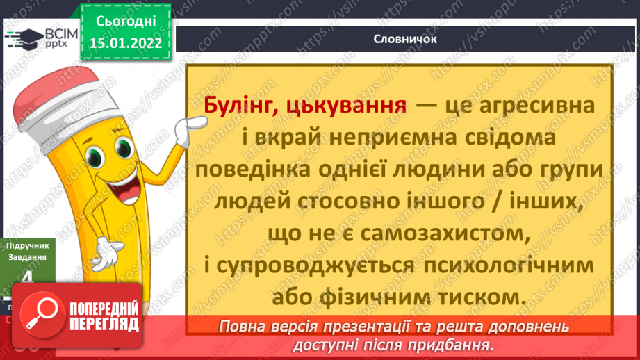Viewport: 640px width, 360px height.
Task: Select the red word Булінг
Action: pos(235,106)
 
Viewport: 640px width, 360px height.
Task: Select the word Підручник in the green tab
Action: pos(24,245)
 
